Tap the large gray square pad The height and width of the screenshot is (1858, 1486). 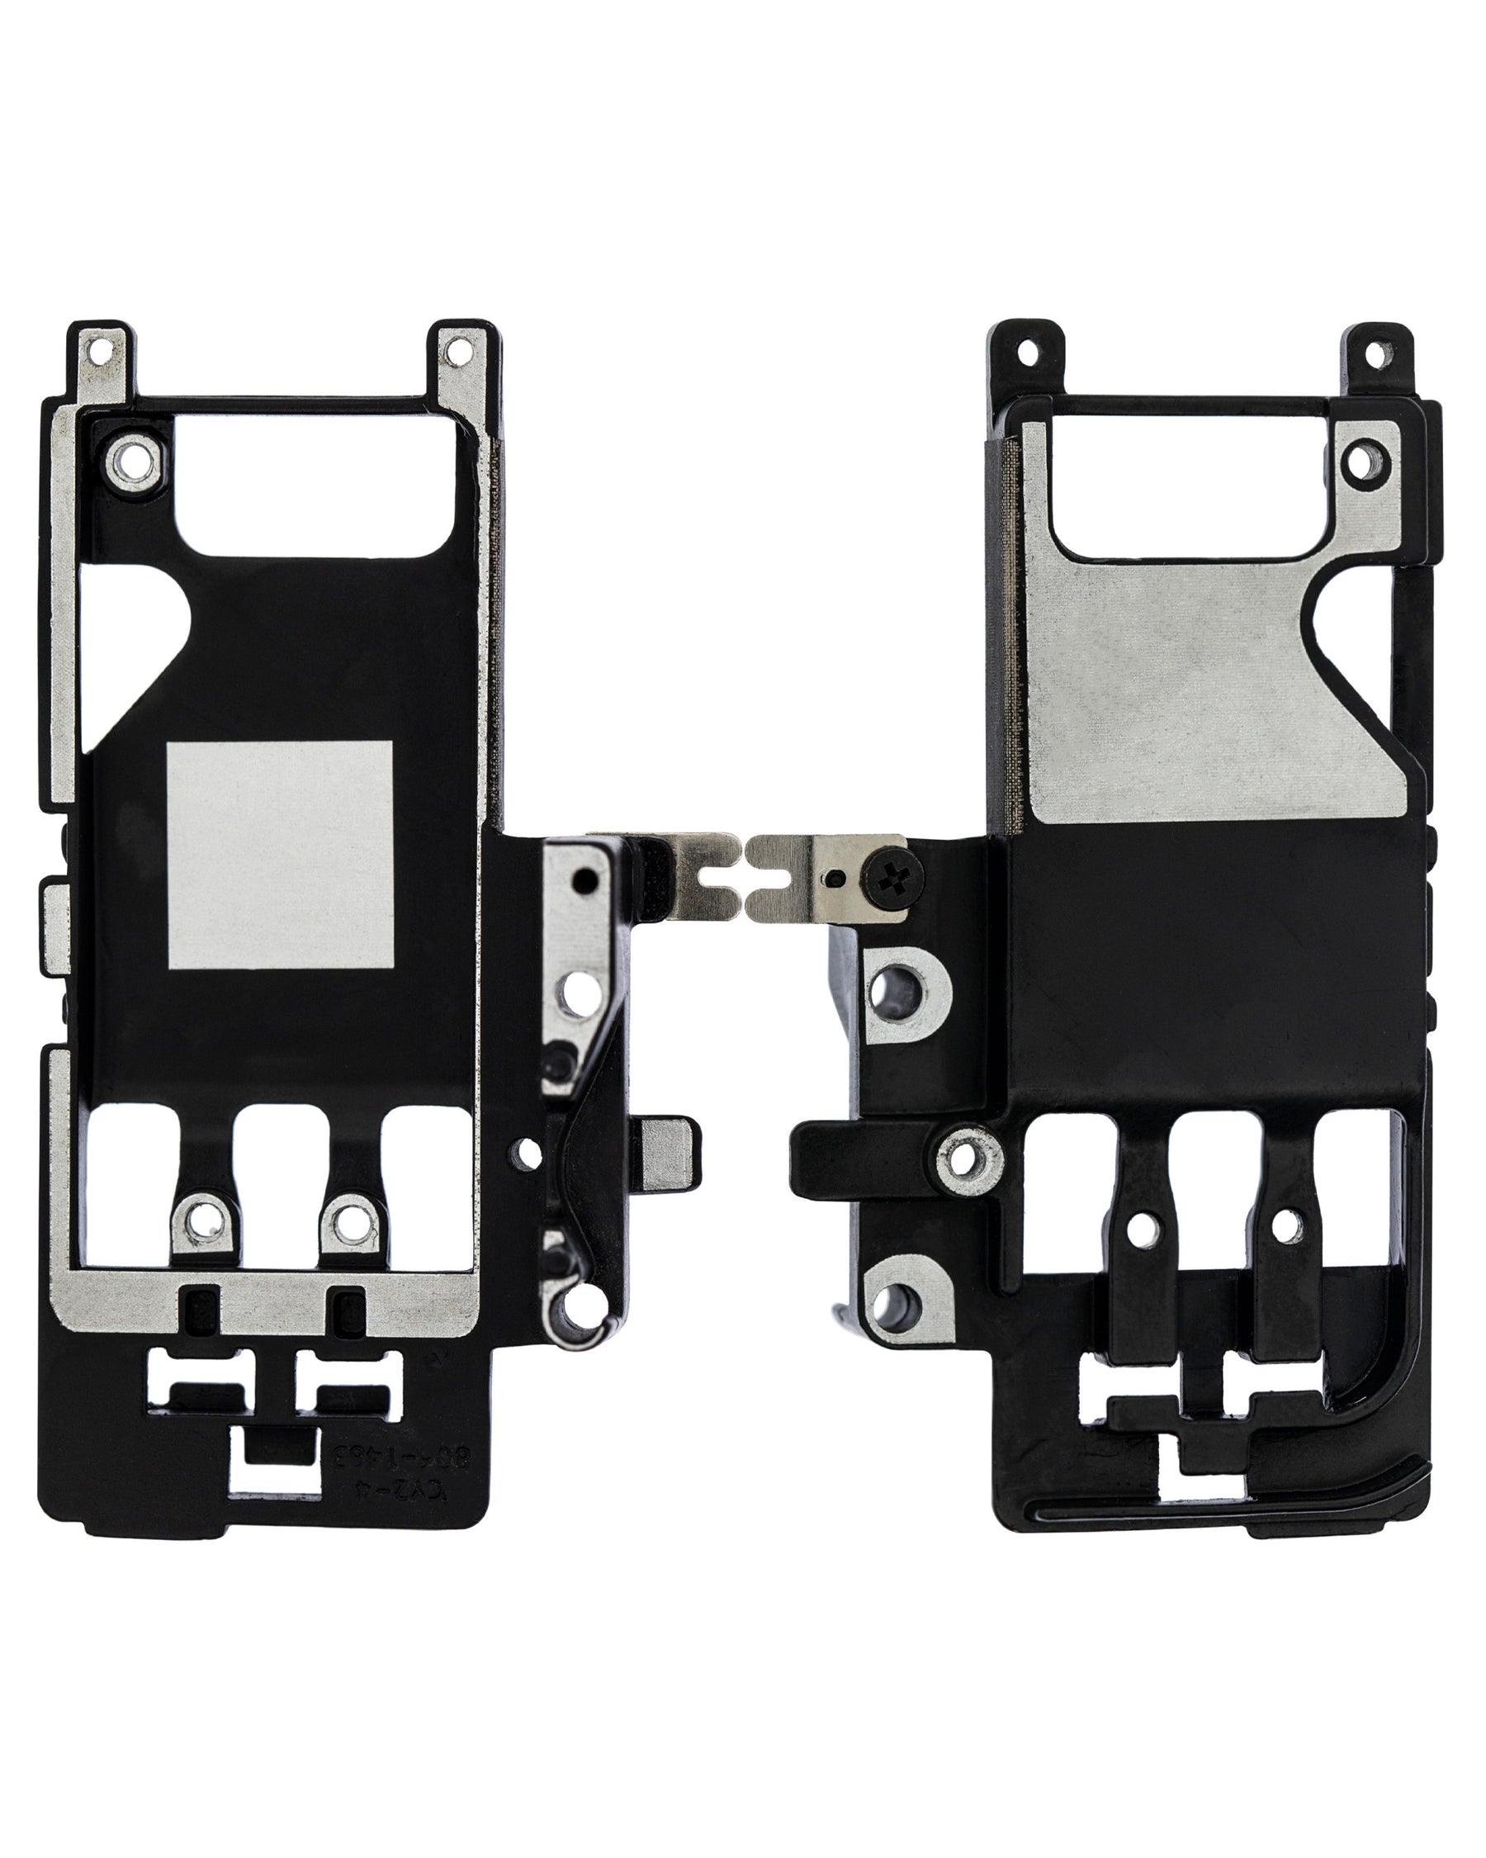pos(280,853)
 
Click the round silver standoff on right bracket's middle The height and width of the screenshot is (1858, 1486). pos(969,1154)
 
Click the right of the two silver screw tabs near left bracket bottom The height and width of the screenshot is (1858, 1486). pos(349,1220)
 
